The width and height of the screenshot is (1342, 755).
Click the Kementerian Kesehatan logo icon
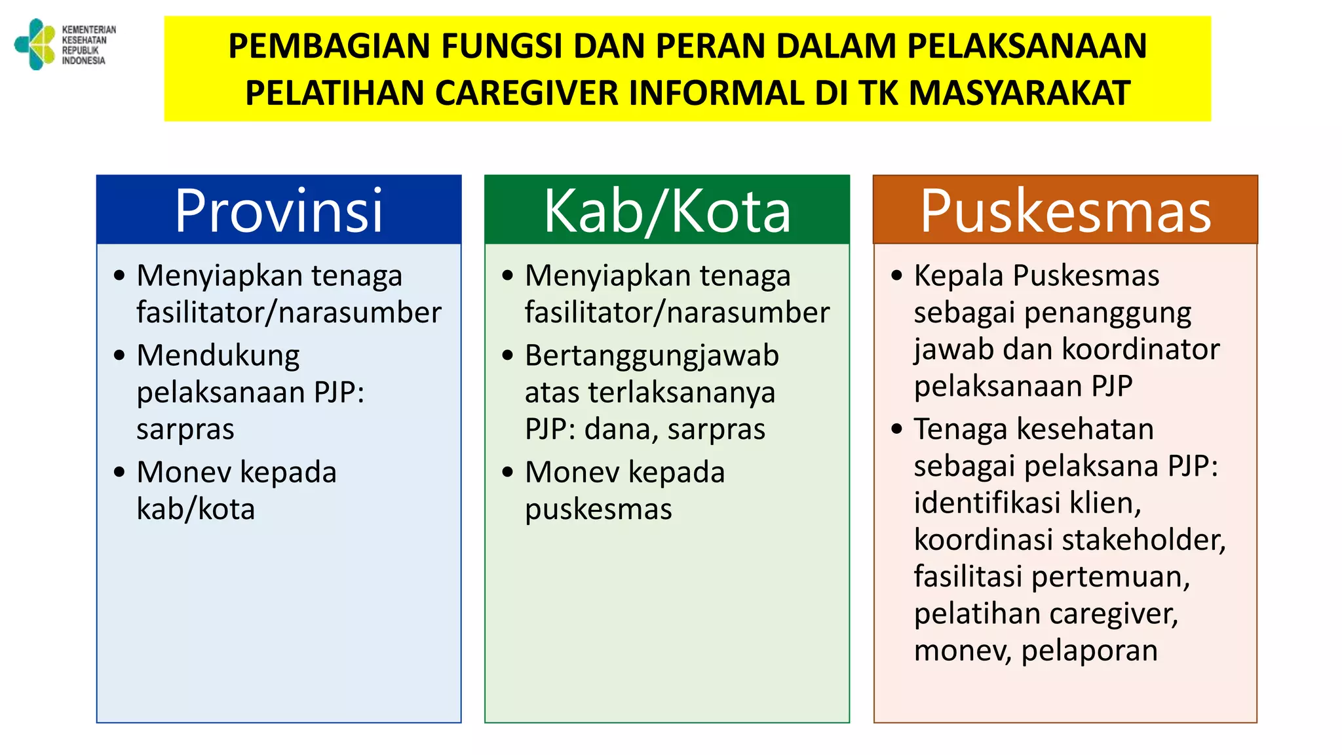click(35, 44)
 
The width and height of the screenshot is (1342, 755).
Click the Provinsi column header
click(278, 210)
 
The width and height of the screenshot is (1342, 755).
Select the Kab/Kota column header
click(667, 210)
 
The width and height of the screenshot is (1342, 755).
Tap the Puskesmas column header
click(1065, 210)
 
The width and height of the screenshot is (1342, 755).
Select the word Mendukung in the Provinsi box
click(218, 356)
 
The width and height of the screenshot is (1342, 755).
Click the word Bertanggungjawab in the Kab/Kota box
click(651, 356)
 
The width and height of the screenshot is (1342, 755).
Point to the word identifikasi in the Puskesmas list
click(987, 503)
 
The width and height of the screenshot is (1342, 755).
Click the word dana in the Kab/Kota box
click(621, 430)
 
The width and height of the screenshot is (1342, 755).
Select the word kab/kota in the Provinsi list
click(195, 509)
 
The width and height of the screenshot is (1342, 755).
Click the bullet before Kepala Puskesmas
click(896, 276)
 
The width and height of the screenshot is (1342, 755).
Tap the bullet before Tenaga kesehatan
click(896, 429)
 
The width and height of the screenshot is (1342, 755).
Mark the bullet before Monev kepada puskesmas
click(508, 472)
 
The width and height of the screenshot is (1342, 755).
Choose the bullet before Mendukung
click(119, 356)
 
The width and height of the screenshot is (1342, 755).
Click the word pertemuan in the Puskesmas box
click(1111, 577)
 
